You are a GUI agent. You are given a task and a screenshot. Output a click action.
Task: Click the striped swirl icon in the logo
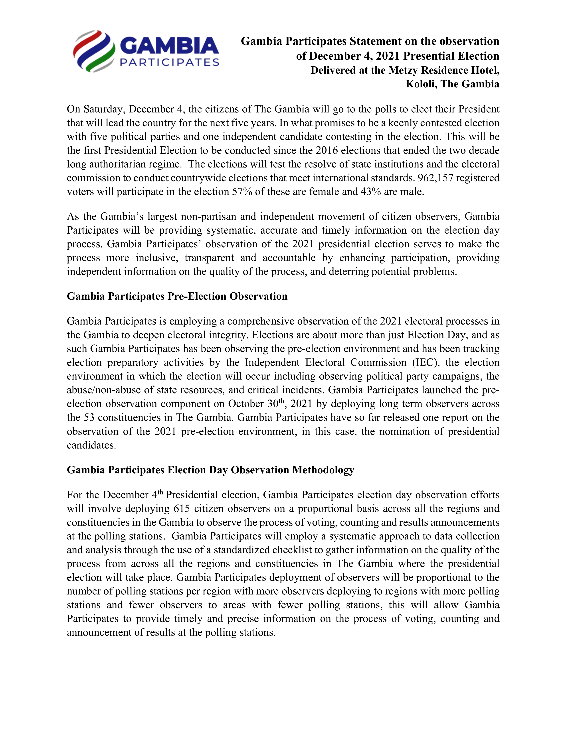pos(94,51)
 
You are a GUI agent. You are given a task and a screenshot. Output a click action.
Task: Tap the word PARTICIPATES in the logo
pos(169,62)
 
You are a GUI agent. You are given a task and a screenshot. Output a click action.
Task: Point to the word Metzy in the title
pos(403,70)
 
